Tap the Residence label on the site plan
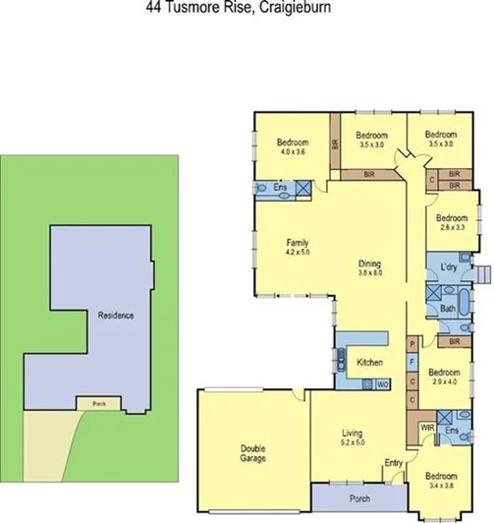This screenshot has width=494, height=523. pos(116,316)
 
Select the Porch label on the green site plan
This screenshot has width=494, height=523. pos(96,403)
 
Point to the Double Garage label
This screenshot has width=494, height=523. pos(253,453)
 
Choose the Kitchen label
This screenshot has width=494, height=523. pos(370,363)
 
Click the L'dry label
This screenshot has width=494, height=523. pos(451,268)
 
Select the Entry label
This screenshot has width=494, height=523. pos(393,464)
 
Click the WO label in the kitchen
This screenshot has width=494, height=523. pos(382,384)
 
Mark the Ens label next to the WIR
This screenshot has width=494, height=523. pos(452,431)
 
